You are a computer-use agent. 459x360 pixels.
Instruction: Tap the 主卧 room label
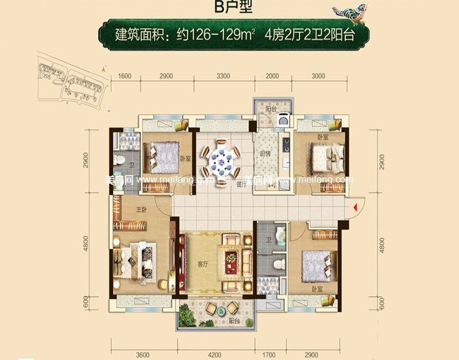point(142,210)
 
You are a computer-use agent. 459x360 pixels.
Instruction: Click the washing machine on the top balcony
point(282,121)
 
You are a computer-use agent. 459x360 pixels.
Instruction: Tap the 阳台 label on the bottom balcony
point(233,322)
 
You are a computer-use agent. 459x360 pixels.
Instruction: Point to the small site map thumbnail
point(72,80)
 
